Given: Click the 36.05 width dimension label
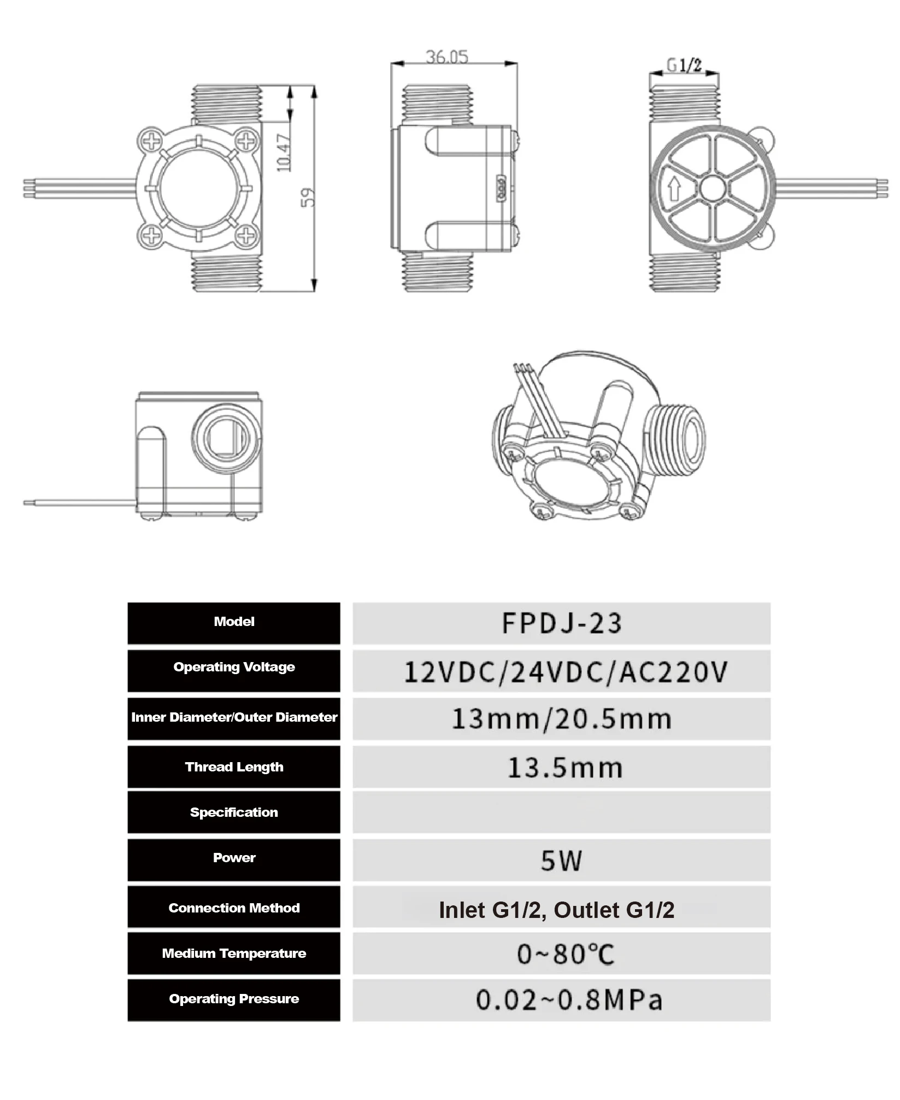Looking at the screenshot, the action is pos(447,56).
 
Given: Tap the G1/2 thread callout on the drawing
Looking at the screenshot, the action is pos(684,65).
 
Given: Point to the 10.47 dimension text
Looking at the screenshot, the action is pos(284,153).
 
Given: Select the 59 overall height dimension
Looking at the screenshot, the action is pos(308,197).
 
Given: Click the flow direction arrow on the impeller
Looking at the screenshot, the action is pos(674,189).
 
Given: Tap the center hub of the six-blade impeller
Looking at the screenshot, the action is pos(713,189).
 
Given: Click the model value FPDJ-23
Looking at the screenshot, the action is pos(561,623).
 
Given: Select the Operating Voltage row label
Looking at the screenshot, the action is pos(234,667).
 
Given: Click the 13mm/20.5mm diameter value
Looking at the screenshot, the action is pos(561,719).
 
